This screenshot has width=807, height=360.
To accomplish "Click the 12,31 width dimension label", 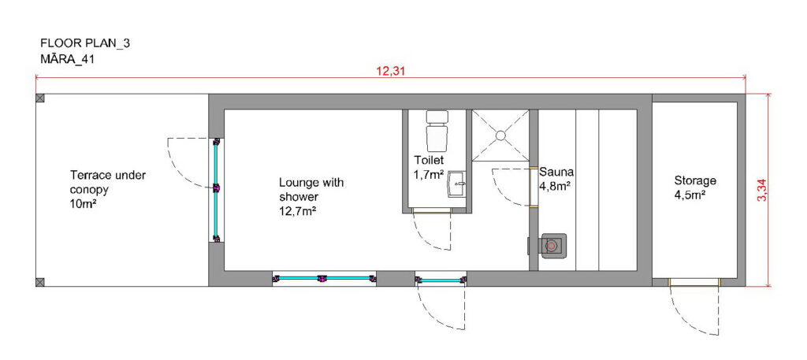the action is (x=391, y=71).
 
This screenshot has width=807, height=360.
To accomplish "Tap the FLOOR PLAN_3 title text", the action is (x=85, y=43).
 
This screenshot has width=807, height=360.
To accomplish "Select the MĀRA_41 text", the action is (x=67, y=59).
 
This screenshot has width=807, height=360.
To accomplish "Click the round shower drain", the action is (x=500, y=135).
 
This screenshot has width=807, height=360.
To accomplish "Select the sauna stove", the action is (x=552, y=246).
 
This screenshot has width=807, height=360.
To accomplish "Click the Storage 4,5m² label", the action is (x=695, y=187).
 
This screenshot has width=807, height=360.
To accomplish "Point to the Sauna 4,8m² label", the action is (x=556, y=179).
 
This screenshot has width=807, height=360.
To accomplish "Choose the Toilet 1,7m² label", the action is (x=429, y=167).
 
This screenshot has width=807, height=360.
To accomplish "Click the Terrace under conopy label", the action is (x=107, y=190).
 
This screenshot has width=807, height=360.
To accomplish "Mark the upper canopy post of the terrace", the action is (x=40, y=98).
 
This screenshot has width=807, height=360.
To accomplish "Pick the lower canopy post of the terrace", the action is (x=40, y=282).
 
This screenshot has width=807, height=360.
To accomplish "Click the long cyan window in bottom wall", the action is (x=324, y=278).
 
